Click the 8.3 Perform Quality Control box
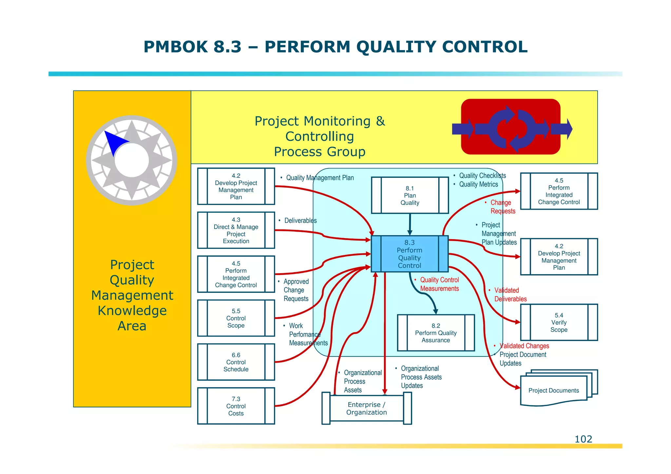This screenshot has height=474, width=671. point(410,254)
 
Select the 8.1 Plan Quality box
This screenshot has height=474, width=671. point(410,196)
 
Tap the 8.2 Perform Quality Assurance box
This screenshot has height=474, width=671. point(436,333)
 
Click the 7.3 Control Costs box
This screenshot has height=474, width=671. point(236,406)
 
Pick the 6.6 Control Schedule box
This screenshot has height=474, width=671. point(236,362)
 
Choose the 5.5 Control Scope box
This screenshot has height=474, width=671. point(236,318)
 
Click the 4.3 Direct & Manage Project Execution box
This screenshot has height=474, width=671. point(236,230)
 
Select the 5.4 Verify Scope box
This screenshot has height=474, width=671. point(559,322)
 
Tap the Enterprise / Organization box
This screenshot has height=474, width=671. point(367,408)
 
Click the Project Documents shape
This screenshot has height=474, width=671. point(554,390)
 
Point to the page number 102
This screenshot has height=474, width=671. point(583,439)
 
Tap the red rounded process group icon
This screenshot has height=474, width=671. point(510,127)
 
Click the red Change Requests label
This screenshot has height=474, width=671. point(503,207)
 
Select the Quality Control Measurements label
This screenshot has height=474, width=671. point(439,284)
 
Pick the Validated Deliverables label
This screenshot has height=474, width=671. point(510,294)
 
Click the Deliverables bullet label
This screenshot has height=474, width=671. point(300,220)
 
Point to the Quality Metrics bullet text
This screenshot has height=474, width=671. point(478,184)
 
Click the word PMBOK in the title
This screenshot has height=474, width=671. point(176,47)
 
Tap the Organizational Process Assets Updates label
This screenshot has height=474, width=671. point(421,377)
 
